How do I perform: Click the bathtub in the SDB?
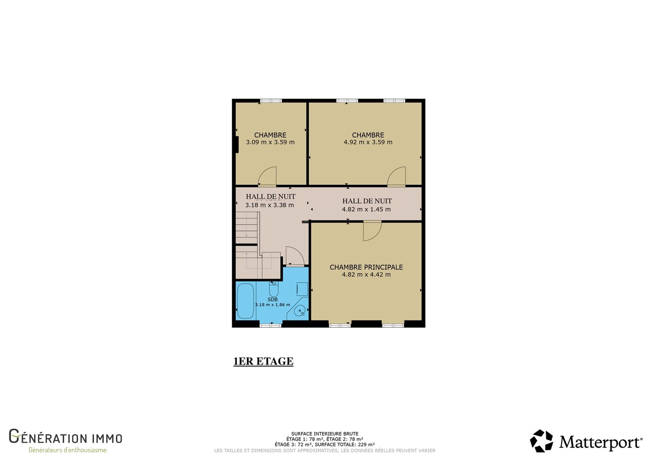tap(245, 301)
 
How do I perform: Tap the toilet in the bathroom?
tap(274, 289)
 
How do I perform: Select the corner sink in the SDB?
tap(299, 311)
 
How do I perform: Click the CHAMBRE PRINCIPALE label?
tap(366, 267)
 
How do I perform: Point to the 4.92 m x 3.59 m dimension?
tap(368, 142)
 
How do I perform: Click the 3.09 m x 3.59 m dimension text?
tap(270, 142)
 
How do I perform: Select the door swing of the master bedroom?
tap(372, 231)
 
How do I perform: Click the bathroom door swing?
tap(295, 256)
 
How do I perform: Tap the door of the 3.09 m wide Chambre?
tap(267, 176)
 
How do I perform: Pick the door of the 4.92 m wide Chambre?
tap(396, 176)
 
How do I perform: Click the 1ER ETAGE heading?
tap(263, 361)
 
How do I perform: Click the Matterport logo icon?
tap(542, 441)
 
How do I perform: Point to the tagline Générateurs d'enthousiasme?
tap(67, 450)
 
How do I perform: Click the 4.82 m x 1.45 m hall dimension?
tap(366, 210)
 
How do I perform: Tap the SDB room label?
tap(273, 300)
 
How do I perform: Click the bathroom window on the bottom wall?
tap(270, 326)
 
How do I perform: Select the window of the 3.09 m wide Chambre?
tap(271, 101)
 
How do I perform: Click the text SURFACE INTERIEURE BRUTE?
tap(325, 434)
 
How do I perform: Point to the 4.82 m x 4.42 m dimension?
tap(366, 275)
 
